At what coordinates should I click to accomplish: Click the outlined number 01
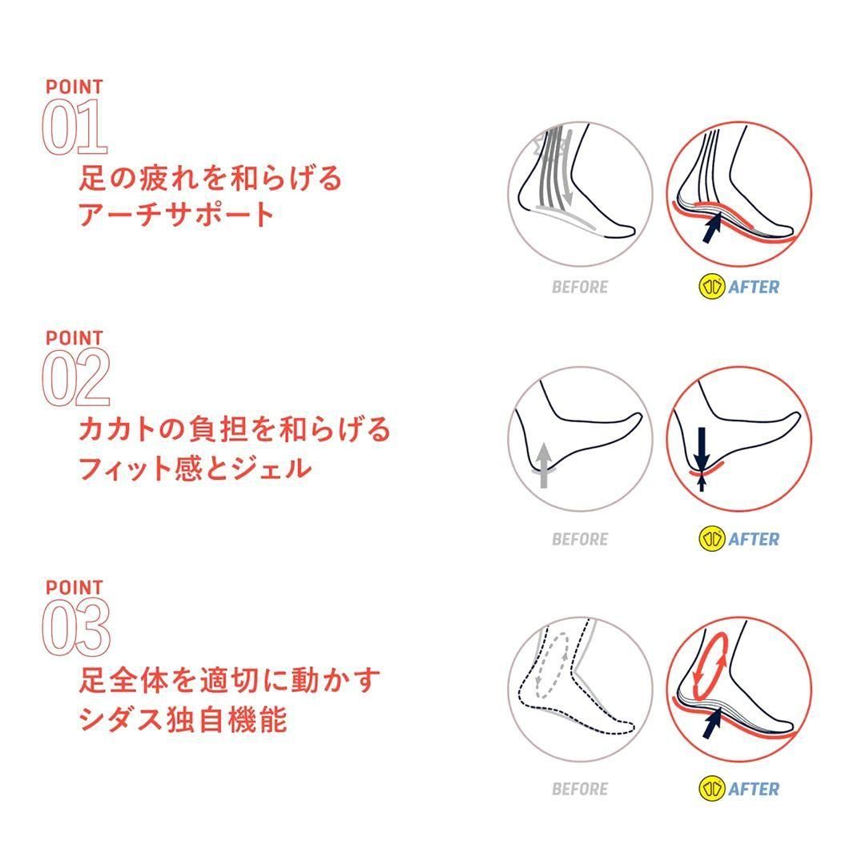[74, 127]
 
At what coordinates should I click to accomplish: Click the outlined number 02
[76, 377]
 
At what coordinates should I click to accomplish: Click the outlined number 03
[76, 627]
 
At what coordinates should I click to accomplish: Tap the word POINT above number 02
[74, 338]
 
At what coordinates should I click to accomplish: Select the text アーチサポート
[176, 215]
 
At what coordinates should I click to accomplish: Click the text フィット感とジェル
[195, 468]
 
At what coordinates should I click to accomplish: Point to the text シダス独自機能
[183, 718]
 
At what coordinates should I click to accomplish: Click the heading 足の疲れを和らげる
[210, 178]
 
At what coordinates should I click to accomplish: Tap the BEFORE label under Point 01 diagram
[580, 288]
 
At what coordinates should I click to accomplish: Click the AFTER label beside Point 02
[754, 539]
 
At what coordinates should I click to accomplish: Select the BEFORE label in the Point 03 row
[580, 789]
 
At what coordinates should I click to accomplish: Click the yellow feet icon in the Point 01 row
[712, 287]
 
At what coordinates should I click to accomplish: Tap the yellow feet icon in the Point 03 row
[712, 788]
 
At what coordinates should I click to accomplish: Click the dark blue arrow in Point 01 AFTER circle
[711, 227]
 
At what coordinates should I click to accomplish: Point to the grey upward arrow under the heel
[544, 465]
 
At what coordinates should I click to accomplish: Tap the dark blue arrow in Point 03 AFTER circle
[711, 722]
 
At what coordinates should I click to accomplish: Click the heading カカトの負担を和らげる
[235, 429]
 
